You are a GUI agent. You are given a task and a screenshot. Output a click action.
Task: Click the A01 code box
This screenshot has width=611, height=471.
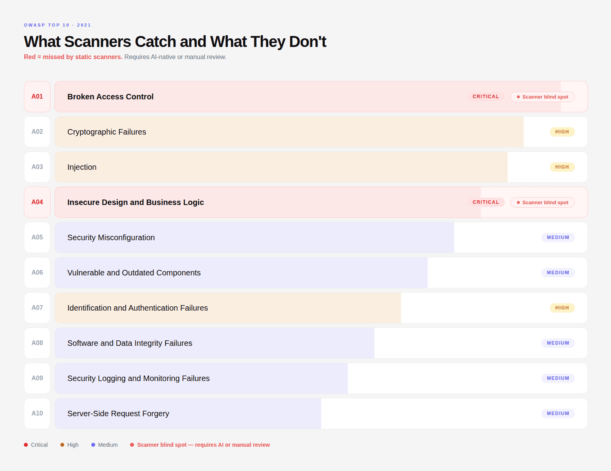pyautogui.click(x=37, y=97)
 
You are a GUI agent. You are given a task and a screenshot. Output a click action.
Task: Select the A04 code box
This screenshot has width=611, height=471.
pyautogui.click(x=37, y=202)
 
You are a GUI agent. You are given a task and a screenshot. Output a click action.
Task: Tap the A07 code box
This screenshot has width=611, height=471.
pyautogui.click(x=37, y=308)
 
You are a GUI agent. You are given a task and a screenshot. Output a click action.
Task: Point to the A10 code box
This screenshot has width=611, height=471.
pyautogui.click(x=37, y=413)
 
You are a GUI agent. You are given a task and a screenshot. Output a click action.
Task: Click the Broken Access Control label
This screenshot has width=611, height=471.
pyautogui.click(x=110, y=97)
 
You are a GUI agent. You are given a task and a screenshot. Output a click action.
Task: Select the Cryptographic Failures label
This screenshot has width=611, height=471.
pyautogui.click(x=107, y=132)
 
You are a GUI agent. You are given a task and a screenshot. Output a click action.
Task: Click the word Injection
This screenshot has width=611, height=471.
pyautogui.click(x=82, y=167)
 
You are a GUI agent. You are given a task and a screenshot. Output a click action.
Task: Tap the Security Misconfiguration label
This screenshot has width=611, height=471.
pyautogui.click(x=111, y=237)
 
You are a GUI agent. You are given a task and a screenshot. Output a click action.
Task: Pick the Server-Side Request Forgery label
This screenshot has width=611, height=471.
pyautogui.click(x=118, y=413)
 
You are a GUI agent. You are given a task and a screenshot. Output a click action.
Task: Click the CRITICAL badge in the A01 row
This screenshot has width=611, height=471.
pyautogui.click(x=486, y=97)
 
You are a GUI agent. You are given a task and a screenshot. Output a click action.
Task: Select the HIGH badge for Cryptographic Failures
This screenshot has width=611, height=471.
pyautogui.click(x=562, y=132)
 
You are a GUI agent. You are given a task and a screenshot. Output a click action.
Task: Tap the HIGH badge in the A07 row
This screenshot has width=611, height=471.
pyautogui.click(x=562, y=308)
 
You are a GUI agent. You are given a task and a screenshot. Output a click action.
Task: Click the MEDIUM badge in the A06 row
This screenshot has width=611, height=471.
pyautogui.click(x=558, y=273)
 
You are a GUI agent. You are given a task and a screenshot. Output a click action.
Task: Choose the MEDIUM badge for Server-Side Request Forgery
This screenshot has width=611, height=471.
pyautogui.click(x=558, y=413)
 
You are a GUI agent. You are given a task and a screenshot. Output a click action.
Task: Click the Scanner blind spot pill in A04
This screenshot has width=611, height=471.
pyautogui.click(x=542, y=203)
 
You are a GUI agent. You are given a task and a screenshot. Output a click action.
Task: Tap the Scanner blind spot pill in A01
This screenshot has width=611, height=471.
pyautogui.click(x=542, y=97)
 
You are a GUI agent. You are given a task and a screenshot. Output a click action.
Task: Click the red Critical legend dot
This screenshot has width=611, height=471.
pyautogui.click(x=26, y=445)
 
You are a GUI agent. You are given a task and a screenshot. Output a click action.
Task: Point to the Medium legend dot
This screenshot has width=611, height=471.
pyautogui.click(x=93, y=445)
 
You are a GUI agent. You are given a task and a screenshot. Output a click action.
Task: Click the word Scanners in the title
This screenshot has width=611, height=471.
pyautogui.click(x=98, y=42)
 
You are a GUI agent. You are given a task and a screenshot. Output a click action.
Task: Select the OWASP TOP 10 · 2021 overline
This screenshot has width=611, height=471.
pyautogui.click(x=58, y=25)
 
